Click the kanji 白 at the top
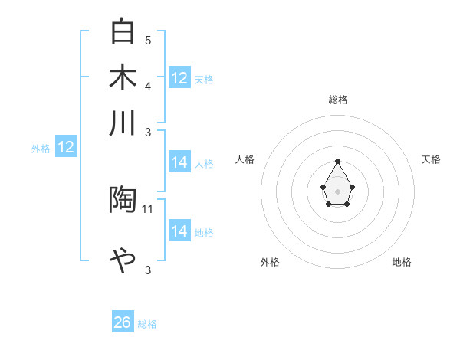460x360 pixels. [x=123, y=32]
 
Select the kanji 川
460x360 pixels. [x=123, y=123]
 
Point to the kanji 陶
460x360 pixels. [x=123, y=200]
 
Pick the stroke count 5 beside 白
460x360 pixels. [x=148, y=40]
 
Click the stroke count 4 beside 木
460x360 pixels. [x=148, y=85]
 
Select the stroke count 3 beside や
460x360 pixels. [x=148, y=270]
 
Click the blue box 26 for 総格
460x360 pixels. [x=123, y=322]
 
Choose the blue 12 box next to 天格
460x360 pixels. [x=179, y=78]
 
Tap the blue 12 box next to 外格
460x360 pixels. [x=66, y=148]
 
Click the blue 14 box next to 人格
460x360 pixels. [x=179, y=162]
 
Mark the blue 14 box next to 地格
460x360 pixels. [x=179, y=231]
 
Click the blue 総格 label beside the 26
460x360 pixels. [x=147, y=324]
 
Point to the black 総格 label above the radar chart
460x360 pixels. [x=338, y=100]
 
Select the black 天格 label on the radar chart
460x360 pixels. [x=431, y=159]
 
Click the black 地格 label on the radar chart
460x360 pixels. [x=402, y=262]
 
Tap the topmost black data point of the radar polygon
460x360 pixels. [x=338, y=161]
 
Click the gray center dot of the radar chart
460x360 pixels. [x=338, y=190]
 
